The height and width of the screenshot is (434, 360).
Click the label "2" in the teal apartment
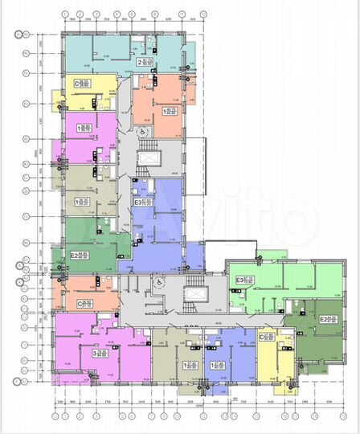click(140, 61)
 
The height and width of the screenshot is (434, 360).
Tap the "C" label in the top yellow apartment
click(76, 83)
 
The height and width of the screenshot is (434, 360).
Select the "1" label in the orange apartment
click(165, 111)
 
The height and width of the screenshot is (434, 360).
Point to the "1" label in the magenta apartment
click(79, 128)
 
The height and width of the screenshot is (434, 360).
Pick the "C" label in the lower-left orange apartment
click(80, 304)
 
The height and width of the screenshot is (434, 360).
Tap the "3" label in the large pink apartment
click(95, 352)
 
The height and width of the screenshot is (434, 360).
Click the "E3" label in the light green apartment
click(239, 280)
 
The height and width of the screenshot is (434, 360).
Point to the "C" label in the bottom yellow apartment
click(263, 337)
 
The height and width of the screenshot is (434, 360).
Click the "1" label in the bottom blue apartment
click(212, 364)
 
